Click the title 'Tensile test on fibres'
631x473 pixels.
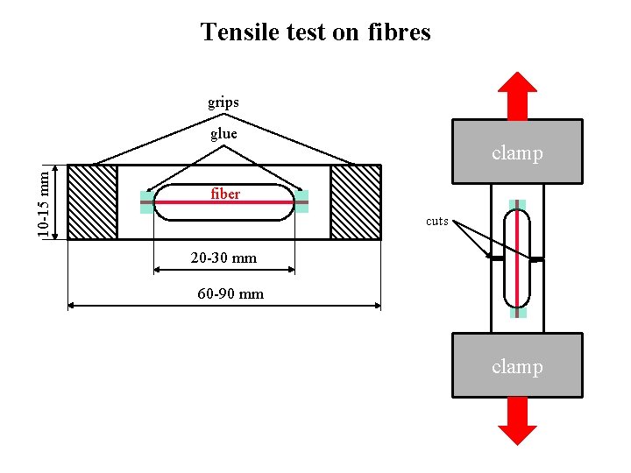(315, 32)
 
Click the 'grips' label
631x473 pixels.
(223, 102)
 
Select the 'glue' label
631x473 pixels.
(223, 134)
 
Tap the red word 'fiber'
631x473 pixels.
(225, 194)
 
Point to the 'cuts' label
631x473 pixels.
(437, 221)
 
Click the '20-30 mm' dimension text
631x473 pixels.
(223, 258)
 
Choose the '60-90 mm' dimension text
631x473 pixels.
(230, 294)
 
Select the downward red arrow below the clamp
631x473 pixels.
(517, 420)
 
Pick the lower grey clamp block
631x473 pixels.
(517, 365)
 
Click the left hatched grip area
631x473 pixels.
(92, 202)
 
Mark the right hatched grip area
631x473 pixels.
(356, 202)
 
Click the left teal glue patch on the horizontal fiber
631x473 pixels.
(146, 202)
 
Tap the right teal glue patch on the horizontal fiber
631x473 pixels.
(301, 202)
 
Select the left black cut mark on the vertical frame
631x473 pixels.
(495, 259)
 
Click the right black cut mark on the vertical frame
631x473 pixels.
(536, 259)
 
